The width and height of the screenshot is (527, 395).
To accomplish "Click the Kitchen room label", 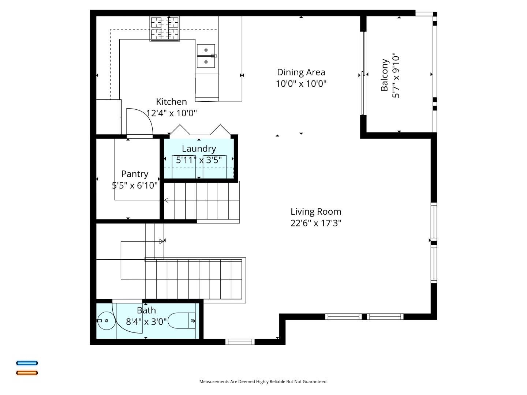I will [x=171, y=102].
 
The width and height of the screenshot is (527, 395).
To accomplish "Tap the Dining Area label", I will [x=301, y=72].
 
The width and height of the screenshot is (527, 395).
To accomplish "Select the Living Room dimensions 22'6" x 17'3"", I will [x=316, y=223].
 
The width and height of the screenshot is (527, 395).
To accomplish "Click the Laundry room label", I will [x=199, y=148].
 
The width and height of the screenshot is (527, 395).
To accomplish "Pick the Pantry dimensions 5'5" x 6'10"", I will [x=135, y=185].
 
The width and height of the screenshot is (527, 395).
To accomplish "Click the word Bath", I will [x=146, y=310].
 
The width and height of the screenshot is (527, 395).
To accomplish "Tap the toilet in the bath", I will [x=183, y=321].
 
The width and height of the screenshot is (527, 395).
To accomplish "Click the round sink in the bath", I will [x=106, y=321].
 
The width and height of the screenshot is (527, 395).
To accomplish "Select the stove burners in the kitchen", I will [x=165, y=29].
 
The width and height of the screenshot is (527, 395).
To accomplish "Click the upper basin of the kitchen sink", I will [x=206, y=50].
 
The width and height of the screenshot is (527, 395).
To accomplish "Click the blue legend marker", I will [x=27, y=363].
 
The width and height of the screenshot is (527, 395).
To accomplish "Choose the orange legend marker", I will [x=27, y=373].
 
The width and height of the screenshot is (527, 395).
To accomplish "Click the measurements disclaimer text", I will [x=263, y=381].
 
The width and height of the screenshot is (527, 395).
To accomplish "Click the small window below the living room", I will [x=240, y=342].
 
